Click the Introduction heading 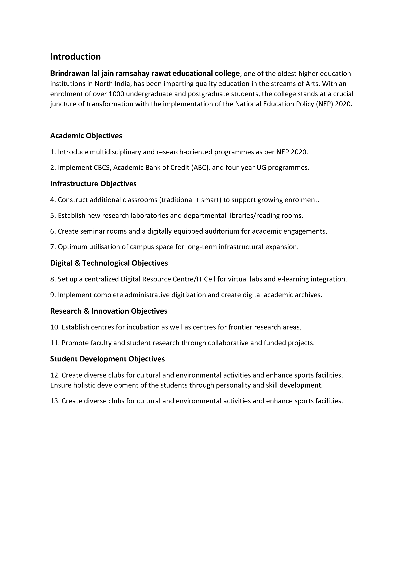(x=75, y=57)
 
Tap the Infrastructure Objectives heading (x=93, y=184)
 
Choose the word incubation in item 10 (x=143, y=327)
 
